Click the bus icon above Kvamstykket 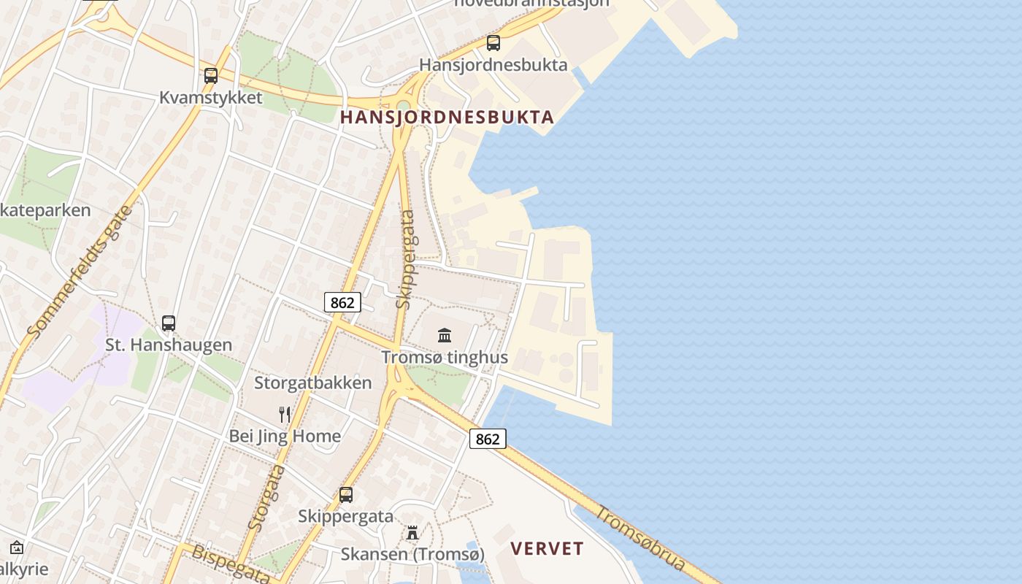coord(211,75)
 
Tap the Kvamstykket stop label coord(211,98)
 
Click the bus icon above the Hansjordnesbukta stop coord(493,43)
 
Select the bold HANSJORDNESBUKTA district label coord(447,117)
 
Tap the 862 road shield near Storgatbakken coord(342,302)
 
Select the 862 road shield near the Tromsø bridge coord(488,439)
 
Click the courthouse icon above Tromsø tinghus coord(445,335)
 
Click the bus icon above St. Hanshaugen coord(169,323)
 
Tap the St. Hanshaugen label coord(169,345)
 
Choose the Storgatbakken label coord(313,383)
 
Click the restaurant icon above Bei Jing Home coord(285,415)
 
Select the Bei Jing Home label coord(285,437)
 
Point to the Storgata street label coord(267,496)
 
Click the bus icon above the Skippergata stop coord(346,494)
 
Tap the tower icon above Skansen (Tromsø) coord(412,533)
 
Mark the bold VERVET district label coord(547,549)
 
